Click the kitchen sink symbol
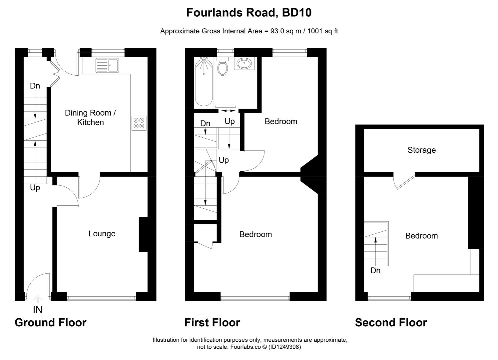click(x=107, y=65)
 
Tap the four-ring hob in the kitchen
click(x=139, y=123)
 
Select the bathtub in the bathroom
click(x=204, y=82)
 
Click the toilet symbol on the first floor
click(x=223, y=66)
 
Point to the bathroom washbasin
click(x=245, y=63)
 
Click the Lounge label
click(x=102, y=234)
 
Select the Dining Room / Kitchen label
click(x=90, y=118)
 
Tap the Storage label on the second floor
click(x=421, y=150)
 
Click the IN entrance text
click(x=38, y=310)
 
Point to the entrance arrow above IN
click(x=38, y=299)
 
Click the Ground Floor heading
click(x=51, y=323)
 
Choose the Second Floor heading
click(x=391, y=323)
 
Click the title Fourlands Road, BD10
click(x=249, y=13)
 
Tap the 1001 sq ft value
click(x=322, y=31)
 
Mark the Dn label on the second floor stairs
click(x=375, y=270)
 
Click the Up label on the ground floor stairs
click(x=35, y=188)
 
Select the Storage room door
click(x=404, y=181)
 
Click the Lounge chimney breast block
click(x=143, y=234)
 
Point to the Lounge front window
click(x=101, y=296)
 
